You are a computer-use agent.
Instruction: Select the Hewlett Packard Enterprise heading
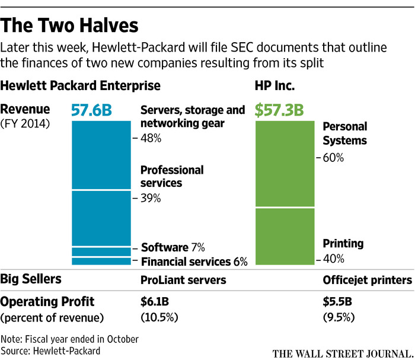pyautogui.click(x=81, y=86)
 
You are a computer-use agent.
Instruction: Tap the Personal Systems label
pyautogui.click(x=345, y=133)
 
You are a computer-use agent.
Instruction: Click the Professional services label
pyautogui.click(x=172, y=176)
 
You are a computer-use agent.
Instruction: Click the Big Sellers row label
pyautogui.click(x=31, y=279)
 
